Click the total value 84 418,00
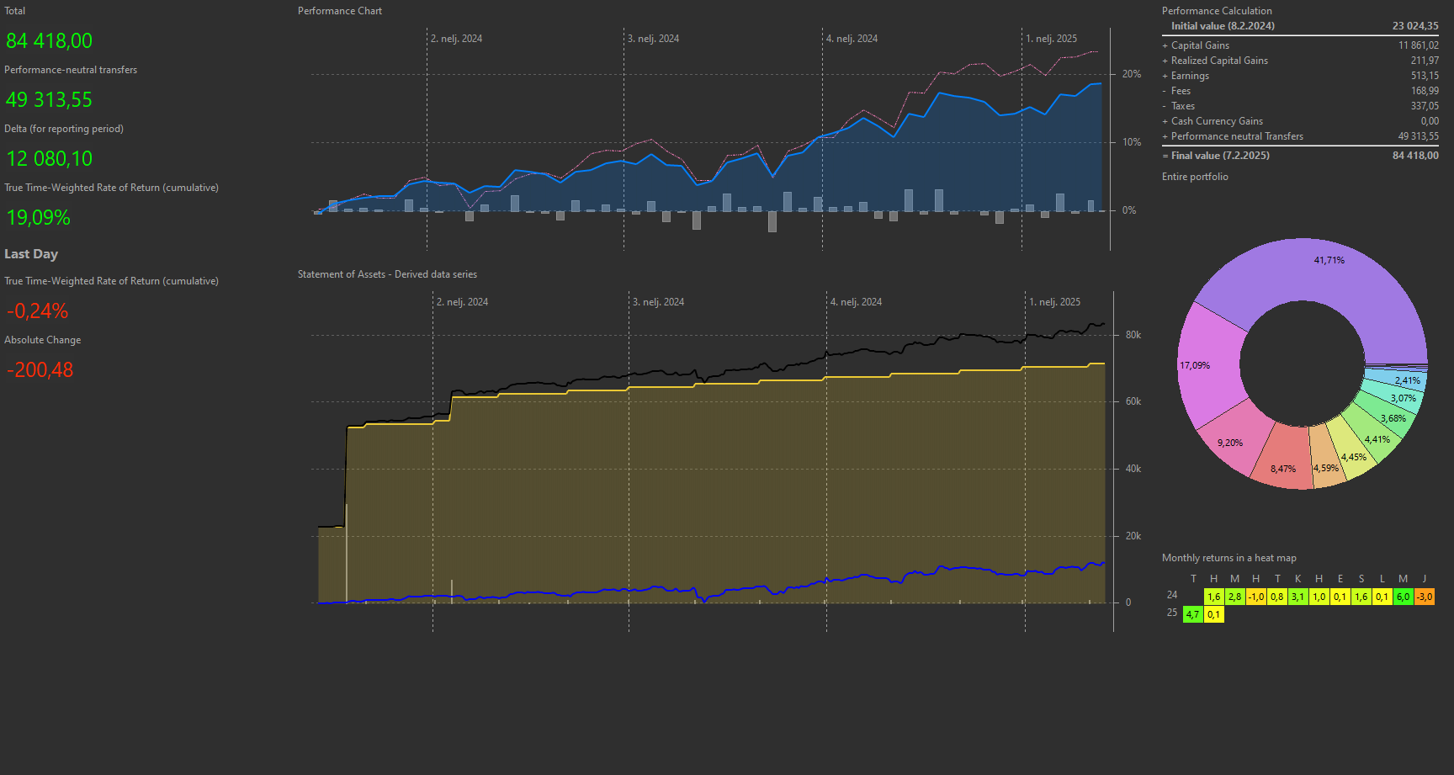point(49,41)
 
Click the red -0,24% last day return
point(37,311)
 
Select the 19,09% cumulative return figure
point(38,218)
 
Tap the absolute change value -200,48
point(40,370)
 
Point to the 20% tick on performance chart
point(1131,74)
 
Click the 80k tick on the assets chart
point(1133,335)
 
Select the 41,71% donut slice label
point(1329,261)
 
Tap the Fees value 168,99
point(1424,91)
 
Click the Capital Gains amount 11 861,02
point(1418,45)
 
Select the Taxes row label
point(1182,106)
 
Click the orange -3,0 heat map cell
point(1424,597)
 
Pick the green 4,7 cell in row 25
point(1192,614)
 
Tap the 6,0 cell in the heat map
point(1403,597)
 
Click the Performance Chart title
point(339,11)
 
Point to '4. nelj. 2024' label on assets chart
point(856,302)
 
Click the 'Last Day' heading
point(31,254)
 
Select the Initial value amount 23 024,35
point(1414,26)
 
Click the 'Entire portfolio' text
point(1195,177)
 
